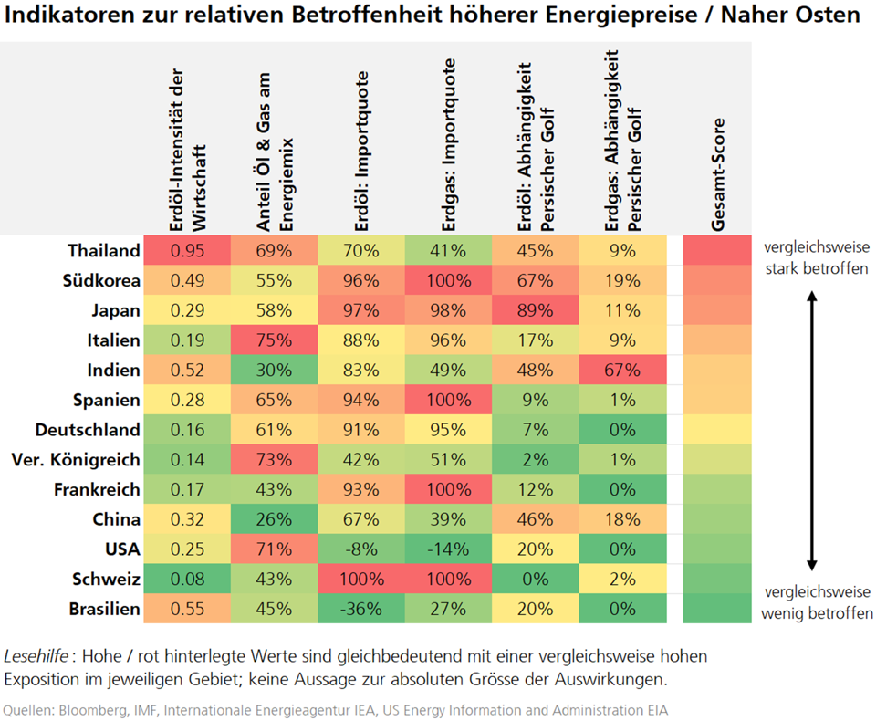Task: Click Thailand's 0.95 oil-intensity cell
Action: click(186, 250)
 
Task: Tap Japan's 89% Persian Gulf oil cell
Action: click(535, 310)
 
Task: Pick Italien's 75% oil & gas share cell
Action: click(274, 340)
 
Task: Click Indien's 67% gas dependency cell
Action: click(621, 371)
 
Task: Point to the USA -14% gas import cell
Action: click(449, 550)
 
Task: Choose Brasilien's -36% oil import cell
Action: click(361, 610)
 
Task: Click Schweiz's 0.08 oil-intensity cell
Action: click(186, 580)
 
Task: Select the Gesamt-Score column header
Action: click(717, 174)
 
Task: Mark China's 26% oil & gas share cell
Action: click(274, 520)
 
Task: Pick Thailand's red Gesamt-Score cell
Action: click(717, 250)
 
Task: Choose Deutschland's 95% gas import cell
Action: click(449, 430)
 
